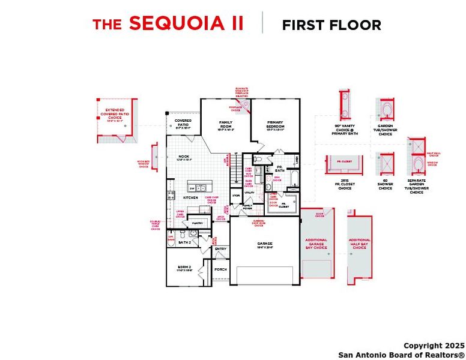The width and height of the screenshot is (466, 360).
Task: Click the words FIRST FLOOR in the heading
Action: tap(331, 25)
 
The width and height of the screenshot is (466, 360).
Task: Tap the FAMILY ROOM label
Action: tap(225, 124)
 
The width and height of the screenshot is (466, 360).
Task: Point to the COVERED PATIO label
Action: tap(183, 124)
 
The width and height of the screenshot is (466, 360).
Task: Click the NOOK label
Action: tap(183, 158)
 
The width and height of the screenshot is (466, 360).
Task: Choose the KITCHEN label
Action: tap(190, 197)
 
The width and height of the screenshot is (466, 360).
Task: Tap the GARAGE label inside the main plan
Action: tap(265, 244)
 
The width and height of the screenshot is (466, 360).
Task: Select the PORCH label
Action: tap(221, 269)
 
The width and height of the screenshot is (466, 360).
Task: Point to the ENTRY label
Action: tap(220, 248)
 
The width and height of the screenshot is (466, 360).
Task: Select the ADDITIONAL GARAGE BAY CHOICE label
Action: tap(316, 244)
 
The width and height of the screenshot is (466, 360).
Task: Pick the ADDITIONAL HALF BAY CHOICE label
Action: tap(360, 244)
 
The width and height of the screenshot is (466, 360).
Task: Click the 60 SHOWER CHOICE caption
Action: tap(386, 184)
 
